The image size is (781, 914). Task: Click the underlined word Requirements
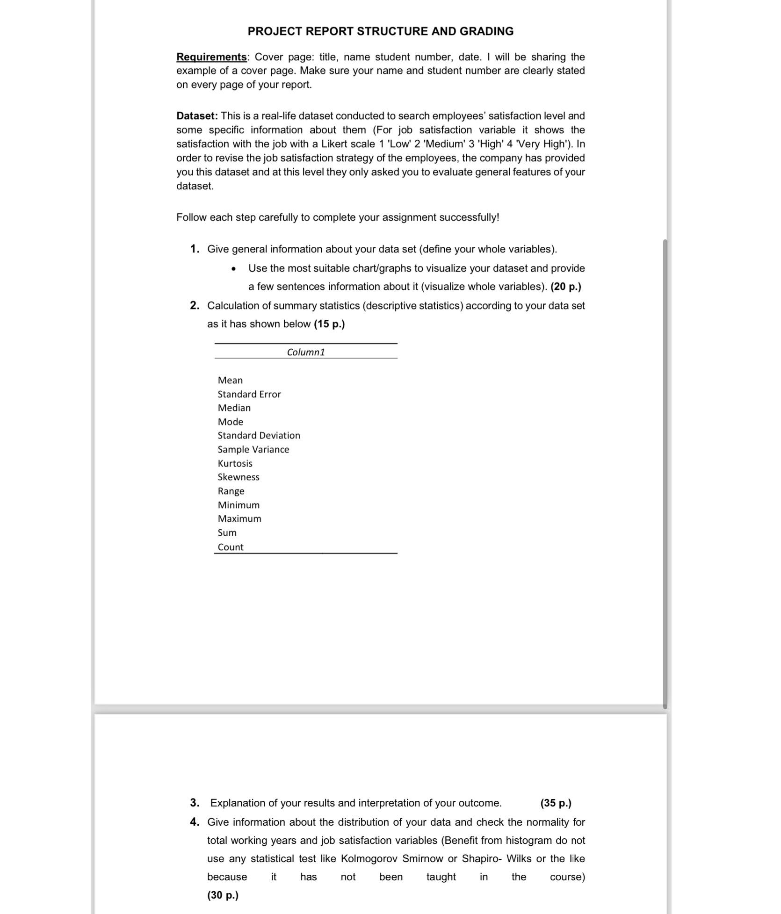(211, 57)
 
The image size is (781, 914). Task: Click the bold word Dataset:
(197, 116)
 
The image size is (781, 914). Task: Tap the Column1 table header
(306, 352)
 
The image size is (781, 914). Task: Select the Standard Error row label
(249, 394)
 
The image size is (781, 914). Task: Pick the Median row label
(234, 408)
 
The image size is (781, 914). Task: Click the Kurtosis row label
(235, 463)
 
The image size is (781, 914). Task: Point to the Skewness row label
(239, 477)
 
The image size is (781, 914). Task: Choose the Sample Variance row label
(253, 449)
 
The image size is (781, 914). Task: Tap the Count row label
(231, 547)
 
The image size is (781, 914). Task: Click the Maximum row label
(239, 518)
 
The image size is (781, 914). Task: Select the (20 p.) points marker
(566, 287)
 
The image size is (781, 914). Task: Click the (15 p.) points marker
(329, 324)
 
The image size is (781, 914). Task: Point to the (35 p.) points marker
(556, 803)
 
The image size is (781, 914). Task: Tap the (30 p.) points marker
(223, 895)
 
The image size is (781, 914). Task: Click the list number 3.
(195, 803)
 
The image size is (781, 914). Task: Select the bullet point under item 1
(233, 269)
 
